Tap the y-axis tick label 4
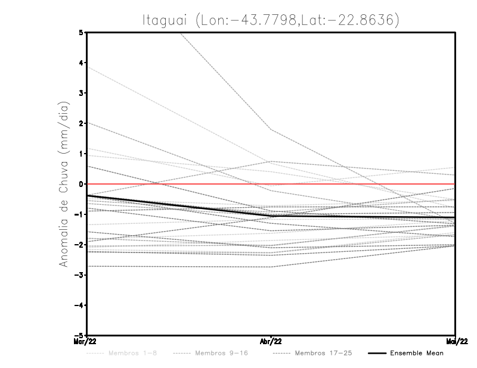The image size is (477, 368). (82, 63)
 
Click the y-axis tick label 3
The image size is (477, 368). (82, 93)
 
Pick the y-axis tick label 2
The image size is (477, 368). (82, 123)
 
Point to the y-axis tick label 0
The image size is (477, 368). (82, 184)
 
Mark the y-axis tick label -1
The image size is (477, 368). (80, 214)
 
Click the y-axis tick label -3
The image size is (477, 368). (80, 275)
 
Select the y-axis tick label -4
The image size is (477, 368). (80, 305)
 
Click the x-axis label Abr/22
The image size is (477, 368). (271, 342)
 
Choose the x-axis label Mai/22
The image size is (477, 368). (456, 342)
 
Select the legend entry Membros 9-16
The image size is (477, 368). (221, 353)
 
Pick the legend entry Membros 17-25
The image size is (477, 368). (323, 353)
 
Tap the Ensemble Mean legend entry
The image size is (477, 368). (416, 353)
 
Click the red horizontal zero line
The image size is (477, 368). (358, 184)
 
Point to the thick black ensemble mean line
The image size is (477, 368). (179, 205)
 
